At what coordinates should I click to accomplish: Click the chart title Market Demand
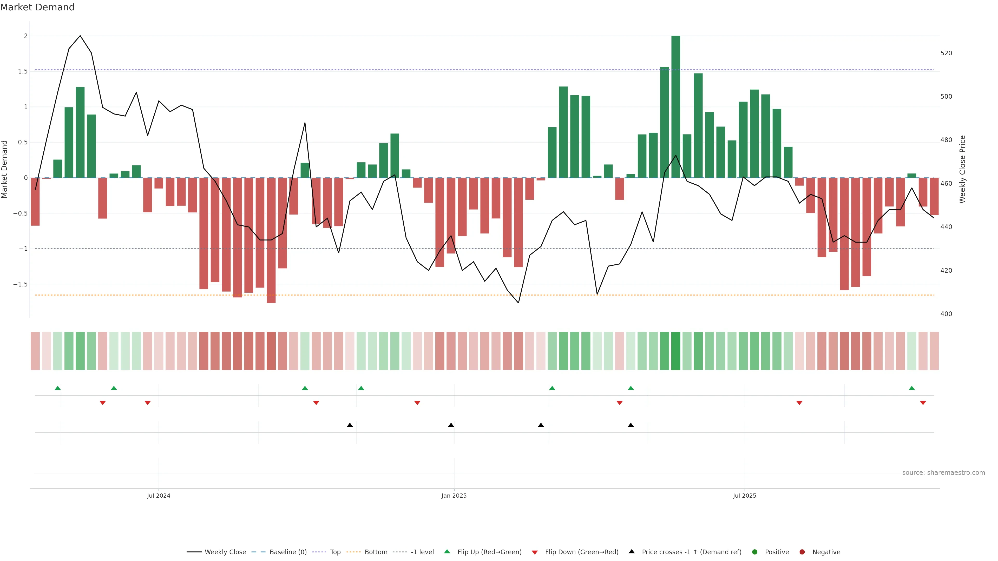(x=37, y=7)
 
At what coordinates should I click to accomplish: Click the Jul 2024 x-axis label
(x=159, y=496)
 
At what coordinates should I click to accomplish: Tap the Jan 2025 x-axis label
(x=454, y=496)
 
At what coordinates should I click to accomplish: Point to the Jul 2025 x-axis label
(x=744, y=496)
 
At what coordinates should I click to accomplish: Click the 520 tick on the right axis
(x=946, y=53)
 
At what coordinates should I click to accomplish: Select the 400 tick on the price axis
(x=946, y=314)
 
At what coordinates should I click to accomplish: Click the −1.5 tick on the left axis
(x=20, y=284)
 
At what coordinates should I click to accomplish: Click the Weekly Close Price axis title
(x=962, y=169)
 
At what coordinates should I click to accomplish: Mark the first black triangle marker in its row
(x=350, y=425)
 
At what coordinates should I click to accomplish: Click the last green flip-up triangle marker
(x=912, y=388)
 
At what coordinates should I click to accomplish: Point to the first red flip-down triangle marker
(x=103, y=403)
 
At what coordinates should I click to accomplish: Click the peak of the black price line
(x=80, y=36)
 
